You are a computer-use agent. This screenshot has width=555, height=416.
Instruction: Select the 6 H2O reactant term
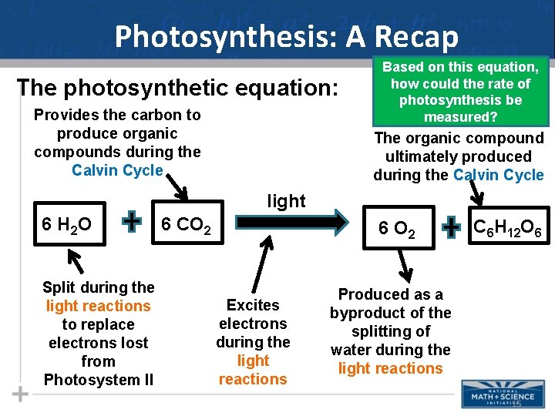pyautogui.click(x=67, y=225)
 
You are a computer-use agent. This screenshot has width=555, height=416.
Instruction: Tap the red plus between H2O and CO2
pyautogui.click(x=133, y=223)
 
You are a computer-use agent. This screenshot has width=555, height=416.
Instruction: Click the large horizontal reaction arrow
pyautogui.click(x=292, y=223)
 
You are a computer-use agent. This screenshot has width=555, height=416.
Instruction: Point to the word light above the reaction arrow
pyautogui.click(x=286, y=201)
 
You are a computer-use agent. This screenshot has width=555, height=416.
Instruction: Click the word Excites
pyautogui.click(x=253, y=305)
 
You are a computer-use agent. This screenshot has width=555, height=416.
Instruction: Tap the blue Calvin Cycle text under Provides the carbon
pyautogui.click(x=117, y=170)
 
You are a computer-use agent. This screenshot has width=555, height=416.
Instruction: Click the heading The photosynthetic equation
pyautogui.click(x=177, y=88)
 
